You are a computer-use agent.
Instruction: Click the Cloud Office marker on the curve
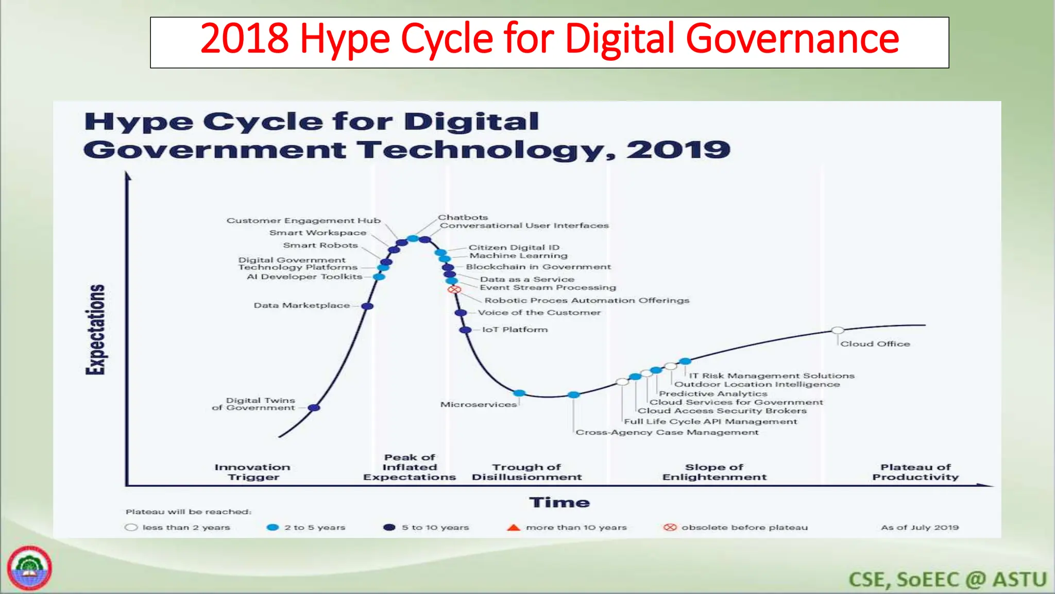[x=838, y=331]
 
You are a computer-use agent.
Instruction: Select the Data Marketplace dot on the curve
[x=367, y=306]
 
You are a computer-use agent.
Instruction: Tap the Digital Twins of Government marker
[x=314, y=408]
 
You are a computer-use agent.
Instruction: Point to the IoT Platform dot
[x=465, y=330]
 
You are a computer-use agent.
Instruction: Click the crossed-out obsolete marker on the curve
[x=454, y=290]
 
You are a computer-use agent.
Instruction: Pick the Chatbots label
[x=463, y=218]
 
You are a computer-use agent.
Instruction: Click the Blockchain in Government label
[x=538, y=267]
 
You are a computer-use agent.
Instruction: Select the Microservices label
[x=478, y=405]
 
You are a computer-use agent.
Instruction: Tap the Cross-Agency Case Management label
[x=667, y=433]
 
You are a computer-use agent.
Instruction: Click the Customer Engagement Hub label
[x=303, y=221]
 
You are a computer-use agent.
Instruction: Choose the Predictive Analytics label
[x=713, y=394]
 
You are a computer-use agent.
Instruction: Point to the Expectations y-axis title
[x=95, y=329]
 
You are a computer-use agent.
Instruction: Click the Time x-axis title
[x=559, y=503]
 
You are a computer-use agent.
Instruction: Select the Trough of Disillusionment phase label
[x=526, y=472]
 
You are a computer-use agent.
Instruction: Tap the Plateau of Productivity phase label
[x=915, y=472]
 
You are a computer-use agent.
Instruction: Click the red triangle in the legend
[x=514, y=527]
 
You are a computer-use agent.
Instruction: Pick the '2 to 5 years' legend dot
[x=273, y=527]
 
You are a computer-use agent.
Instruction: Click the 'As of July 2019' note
[x=920, y=527]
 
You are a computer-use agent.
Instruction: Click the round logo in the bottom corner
[x=29, y=568]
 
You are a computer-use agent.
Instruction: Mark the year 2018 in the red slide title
[x=244, y=39]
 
